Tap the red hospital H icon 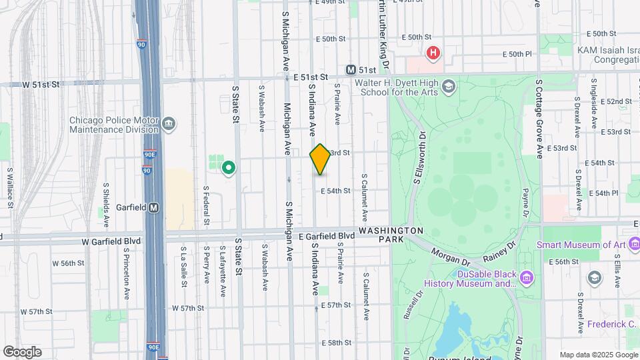pos(434,53)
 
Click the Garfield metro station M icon pos(154,207)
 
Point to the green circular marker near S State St pos(229,168)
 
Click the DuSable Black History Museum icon pos(527,277)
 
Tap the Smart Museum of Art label pos(582,245)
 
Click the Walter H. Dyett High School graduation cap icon pos(449,85)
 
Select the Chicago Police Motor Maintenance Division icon pos(169,123)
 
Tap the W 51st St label pos(41,85)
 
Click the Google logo pos(22,351)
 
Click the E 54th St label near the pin pos(335,191)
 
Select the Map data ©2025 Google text pos(598,355)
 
